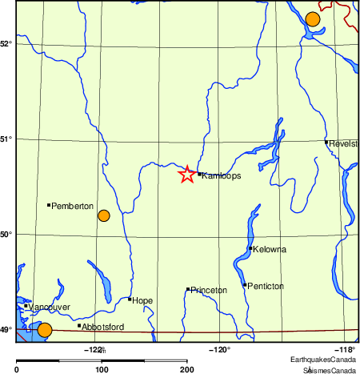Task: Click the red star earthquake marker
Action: (186, 175)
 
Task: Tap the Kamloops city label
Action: (216, 175)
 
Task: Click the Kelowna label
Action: (270, 250)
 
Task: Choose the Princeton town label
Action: (209, 290)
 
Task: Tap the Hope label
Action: (142, 300)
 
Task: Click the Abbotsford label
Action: (103, 327)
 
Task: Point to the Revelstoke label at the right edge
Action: (343, 143)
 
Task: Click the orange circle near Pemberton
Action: (103, 215)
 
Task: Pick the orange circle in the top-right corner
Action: (313, 18)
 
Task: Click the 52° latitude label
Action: (6, 43)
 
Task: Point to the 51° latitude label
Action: (6, 139)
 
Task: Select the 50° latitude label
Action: (6, 235)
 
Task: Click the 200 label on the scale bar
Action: (186, 370)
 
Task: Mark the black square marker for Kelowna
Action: (251, 248)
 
